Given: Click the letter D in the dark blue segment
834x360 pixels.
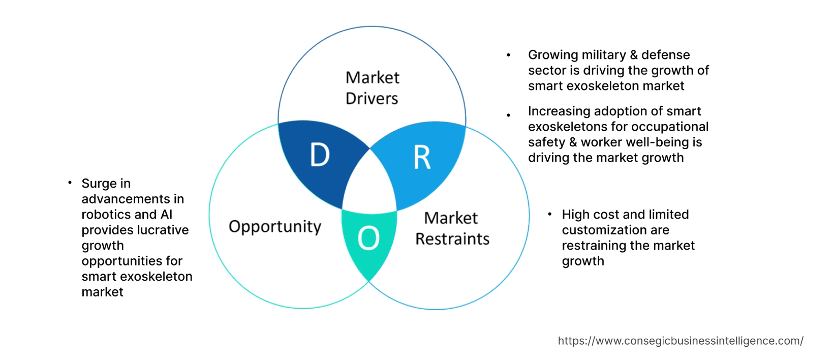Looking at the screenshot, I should pyautogui.click(x=320, y=155).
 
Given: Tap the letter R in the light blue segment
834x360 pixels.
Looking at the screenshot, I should pyautogui.click(x=422, y=158).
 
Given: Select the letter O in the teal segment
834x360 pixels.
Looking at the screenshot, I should pyautogui.click(x=368, y=238).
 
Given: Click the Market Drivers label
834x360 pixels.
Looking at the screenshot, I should pyautogui.click(x=372, y=88).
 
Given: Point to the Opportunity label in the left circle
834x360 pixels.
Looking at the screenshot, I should pyautogui.click(x=275, y=226).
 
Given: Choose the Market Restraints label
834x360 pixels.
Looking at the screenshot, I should pyautogui.click(x=452, y=228).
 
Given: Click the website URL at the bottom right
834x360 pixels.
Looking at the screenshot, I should pyautogui.click(x=681, y=341).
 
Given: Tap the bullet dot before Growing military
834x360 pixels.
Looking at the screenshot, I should pyautogui.click(x=508, y=55).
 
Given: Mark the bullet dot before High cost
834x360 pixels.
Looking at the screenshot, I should pyautogui.click(x=549, y=214).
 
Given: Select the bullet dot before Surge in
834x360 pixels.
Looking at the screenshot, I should pyautogui.click(x=70, y=182).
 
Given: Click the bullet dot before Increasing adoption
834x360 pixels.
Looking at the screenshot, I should pyautogui.click(x=508, y=115).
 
